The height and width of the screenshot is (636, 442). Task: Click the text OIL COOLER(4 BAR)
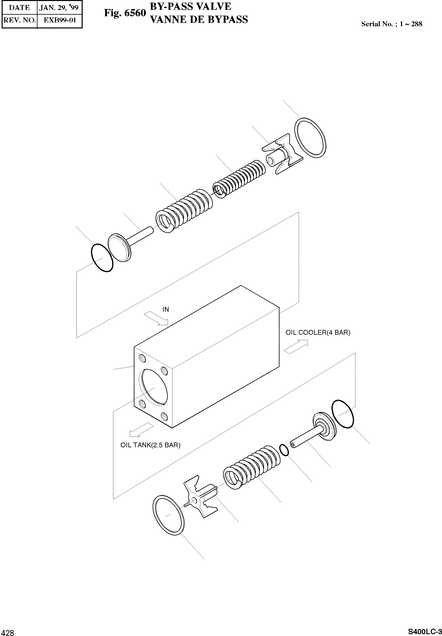318,332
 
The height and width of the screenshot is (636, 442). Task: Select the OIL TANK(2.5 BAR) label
150,445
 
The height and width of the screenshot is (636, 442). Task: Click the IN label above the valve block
166,309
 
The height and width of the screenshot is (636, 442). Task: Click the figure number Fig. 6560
125,13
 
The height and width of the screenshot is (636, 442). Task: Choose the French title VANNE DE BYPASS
199,20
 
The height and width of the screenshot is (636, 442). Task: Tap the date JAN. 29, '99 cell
59,7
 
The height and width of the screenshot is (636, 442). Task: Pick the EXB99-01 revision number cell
60,20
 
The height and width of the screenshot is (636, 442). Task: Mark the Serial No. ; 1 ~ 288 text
392,24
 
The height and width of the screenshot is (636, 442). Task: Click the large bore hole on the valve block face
154,387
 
